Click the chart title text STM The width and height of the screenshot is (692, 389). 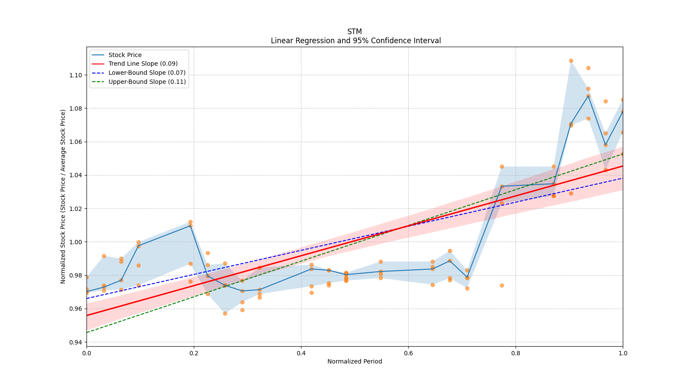tap(354, 32)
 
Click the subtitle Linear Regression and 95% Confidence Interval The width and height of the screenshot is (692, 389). tap(356, 41)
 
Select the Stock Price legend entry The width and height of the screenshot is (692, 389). tap(125, 55)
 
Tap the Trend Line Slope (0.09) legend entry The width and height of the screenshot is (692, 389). tap(143, 64)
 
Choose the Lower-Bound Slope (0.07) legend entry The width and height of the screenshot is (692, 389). tap(147, 73)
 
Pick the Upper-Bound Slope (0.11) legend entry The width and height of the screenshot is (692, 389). tap(147, 82)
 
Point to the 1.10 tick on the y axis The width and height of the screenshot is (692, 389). tap(76, 75)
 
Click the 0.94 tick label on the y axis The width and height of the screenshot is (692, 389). tap(76, 342)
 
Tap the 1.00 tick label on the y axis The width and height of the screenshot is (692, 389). tap(76, 242)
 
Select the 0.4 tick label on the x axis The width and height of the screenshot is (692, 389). tap(301, 353)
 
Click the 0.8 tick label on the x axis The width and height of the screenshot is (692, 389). tap(516, 353)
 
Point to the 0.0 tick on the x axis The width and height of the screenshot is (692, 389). tap(86, 353)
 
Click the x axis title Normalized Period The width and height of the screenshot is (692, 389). tap(355, 361)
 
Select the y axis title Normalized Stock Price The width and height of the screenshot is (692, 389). tap(63, 196)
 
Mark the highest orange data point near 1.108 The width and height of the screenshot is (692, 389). tap(571, 61)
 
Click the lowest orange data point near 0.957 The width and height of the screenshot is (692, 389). tap(225, 313)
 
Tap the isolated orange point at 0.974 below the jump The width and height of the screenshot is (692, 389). tap(502, 285)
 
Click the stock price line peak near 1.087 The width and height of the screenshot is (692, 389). tap(588, 96)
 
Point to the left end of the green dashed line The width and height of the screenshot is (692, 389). tap(87, 332)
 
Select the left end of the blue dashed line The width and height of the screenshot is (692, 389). tap(87, 298)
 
